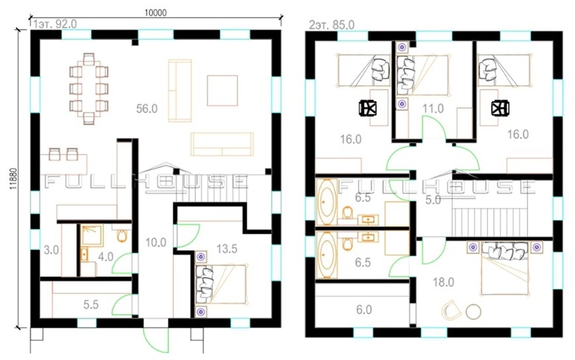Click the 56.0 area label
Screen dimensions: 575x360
click(147, 109)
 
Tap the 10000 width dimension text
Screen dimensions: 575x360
click(155, 13)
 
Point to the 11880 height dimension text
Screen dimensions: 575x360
click(14, 179)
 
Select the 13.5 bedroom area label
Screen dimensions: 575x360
click(227, 249)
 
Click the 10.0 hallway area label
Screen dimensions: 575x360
click(156, 242)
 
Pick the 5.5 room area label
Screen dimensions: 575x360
click(91, 304)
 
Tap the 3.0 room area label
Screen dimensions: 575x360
click(52, 250)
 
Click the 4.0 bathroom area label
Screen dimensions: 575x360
click(106, 257)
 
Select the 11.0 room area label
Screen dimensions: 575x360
click(433, 109)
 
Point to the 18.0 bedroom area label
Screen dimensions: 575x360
click(443, 283)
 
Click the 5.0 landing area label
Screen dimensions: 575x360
click(433, 200)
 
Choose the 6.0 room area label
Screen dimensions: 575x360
click(364, 310)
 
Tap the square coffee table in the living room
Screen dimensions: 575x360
click(222, 91)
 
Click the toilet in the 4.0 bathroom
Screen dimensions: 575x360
click(122, 236)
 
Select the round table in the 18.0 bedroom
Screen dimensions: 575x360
click(473, 312)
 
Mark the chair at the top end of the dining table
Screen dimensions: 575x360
click(89, 59)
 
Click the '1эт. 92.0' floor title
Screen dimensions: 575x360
click(54, 24)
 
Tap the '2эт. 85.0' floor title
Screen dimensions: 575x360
click(332, 25)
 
